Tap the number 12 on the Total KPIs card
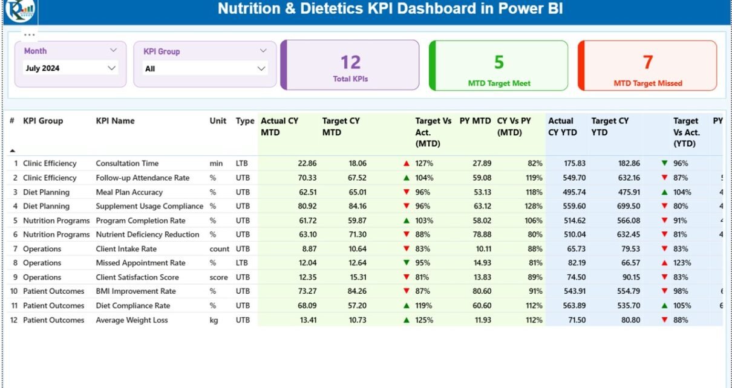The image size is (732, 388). pyautogui.click(x=350, y=62)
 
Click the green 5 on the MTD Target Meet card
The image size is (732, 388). pyautogui.click(x=499, y=62)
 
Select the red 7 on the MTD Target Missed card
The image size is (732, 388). pyautogui.click(x=648, y=62)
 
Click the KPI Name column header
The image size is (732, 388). pyautogui.click(x=115, y=121)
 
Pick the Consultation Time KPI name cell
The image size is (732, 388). pyautogui.click(x=127, y=163)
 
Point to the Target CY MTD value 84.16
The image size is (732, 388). pyautogui.click(x=357, y=206)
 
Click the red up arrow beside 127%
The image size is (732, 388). pyautogui.click(x=407, y=163)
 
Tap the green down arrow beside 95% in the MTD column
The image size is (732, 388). pyautogui.click(x=407, y=263)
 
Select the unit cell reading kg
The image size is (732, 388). pyautogui.click(x=214, y=320)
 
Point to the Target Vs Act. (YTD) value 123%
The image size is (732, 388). pyautogui.click(x=683, y=263)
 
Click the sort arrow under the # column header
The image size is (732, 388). pyautogui.click(x=13, y=150)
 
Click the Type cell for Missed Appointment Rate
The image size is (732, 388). pyautogui.click(x=243, y=263)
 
